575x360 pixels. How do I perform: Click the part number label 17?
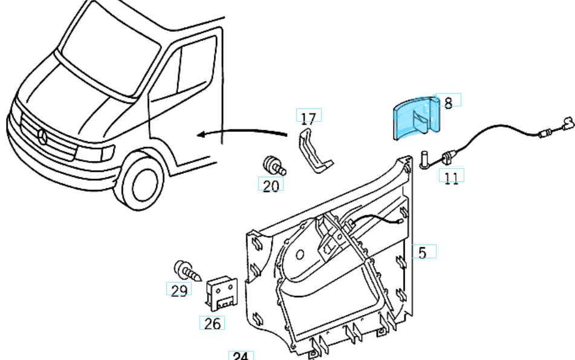pyautogui.click(x=308, y=117)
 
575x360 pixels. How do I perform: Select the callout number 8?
pyautogui.click(x=448, y=102)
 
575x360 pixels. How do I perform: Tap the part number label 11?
pyautogui.click(x=451, y=177)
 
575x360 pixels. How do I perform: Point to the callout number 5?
pyautogui.click(x=423, y=252)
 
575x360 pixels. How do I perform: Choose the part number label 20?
pyautogui.click(x=271, y=185)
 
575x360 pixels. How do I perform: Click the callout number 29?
pyautogui.click(x=178, y=291)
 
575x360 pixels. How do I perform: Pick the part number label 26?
pyautogui.click(x=212, y=323)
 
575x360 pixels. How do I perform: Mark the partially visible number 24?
pyautogui.click(x=240, y=356)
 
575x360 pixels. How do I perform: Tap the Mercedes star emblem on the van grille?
pyautogui.click(x=42, y=136)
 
